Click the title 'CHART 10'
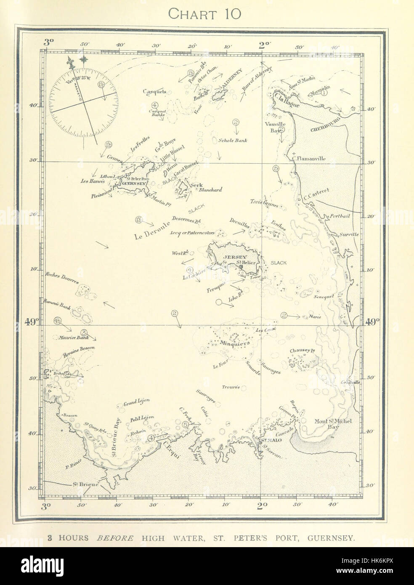pyautogui.click(x=204, y=13)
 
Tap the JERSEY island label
pyautogui.click(x=234, y=256)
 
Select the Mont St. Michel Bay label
pyautogui.click(x=333, y=423)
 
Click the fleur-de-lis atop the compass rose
pyautogui.click(x=71, y=63)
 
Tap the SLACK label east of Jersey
pyautogui.click(x=279, y=263)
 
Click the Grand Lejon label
pyautogui.click(x=136, y=403)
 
